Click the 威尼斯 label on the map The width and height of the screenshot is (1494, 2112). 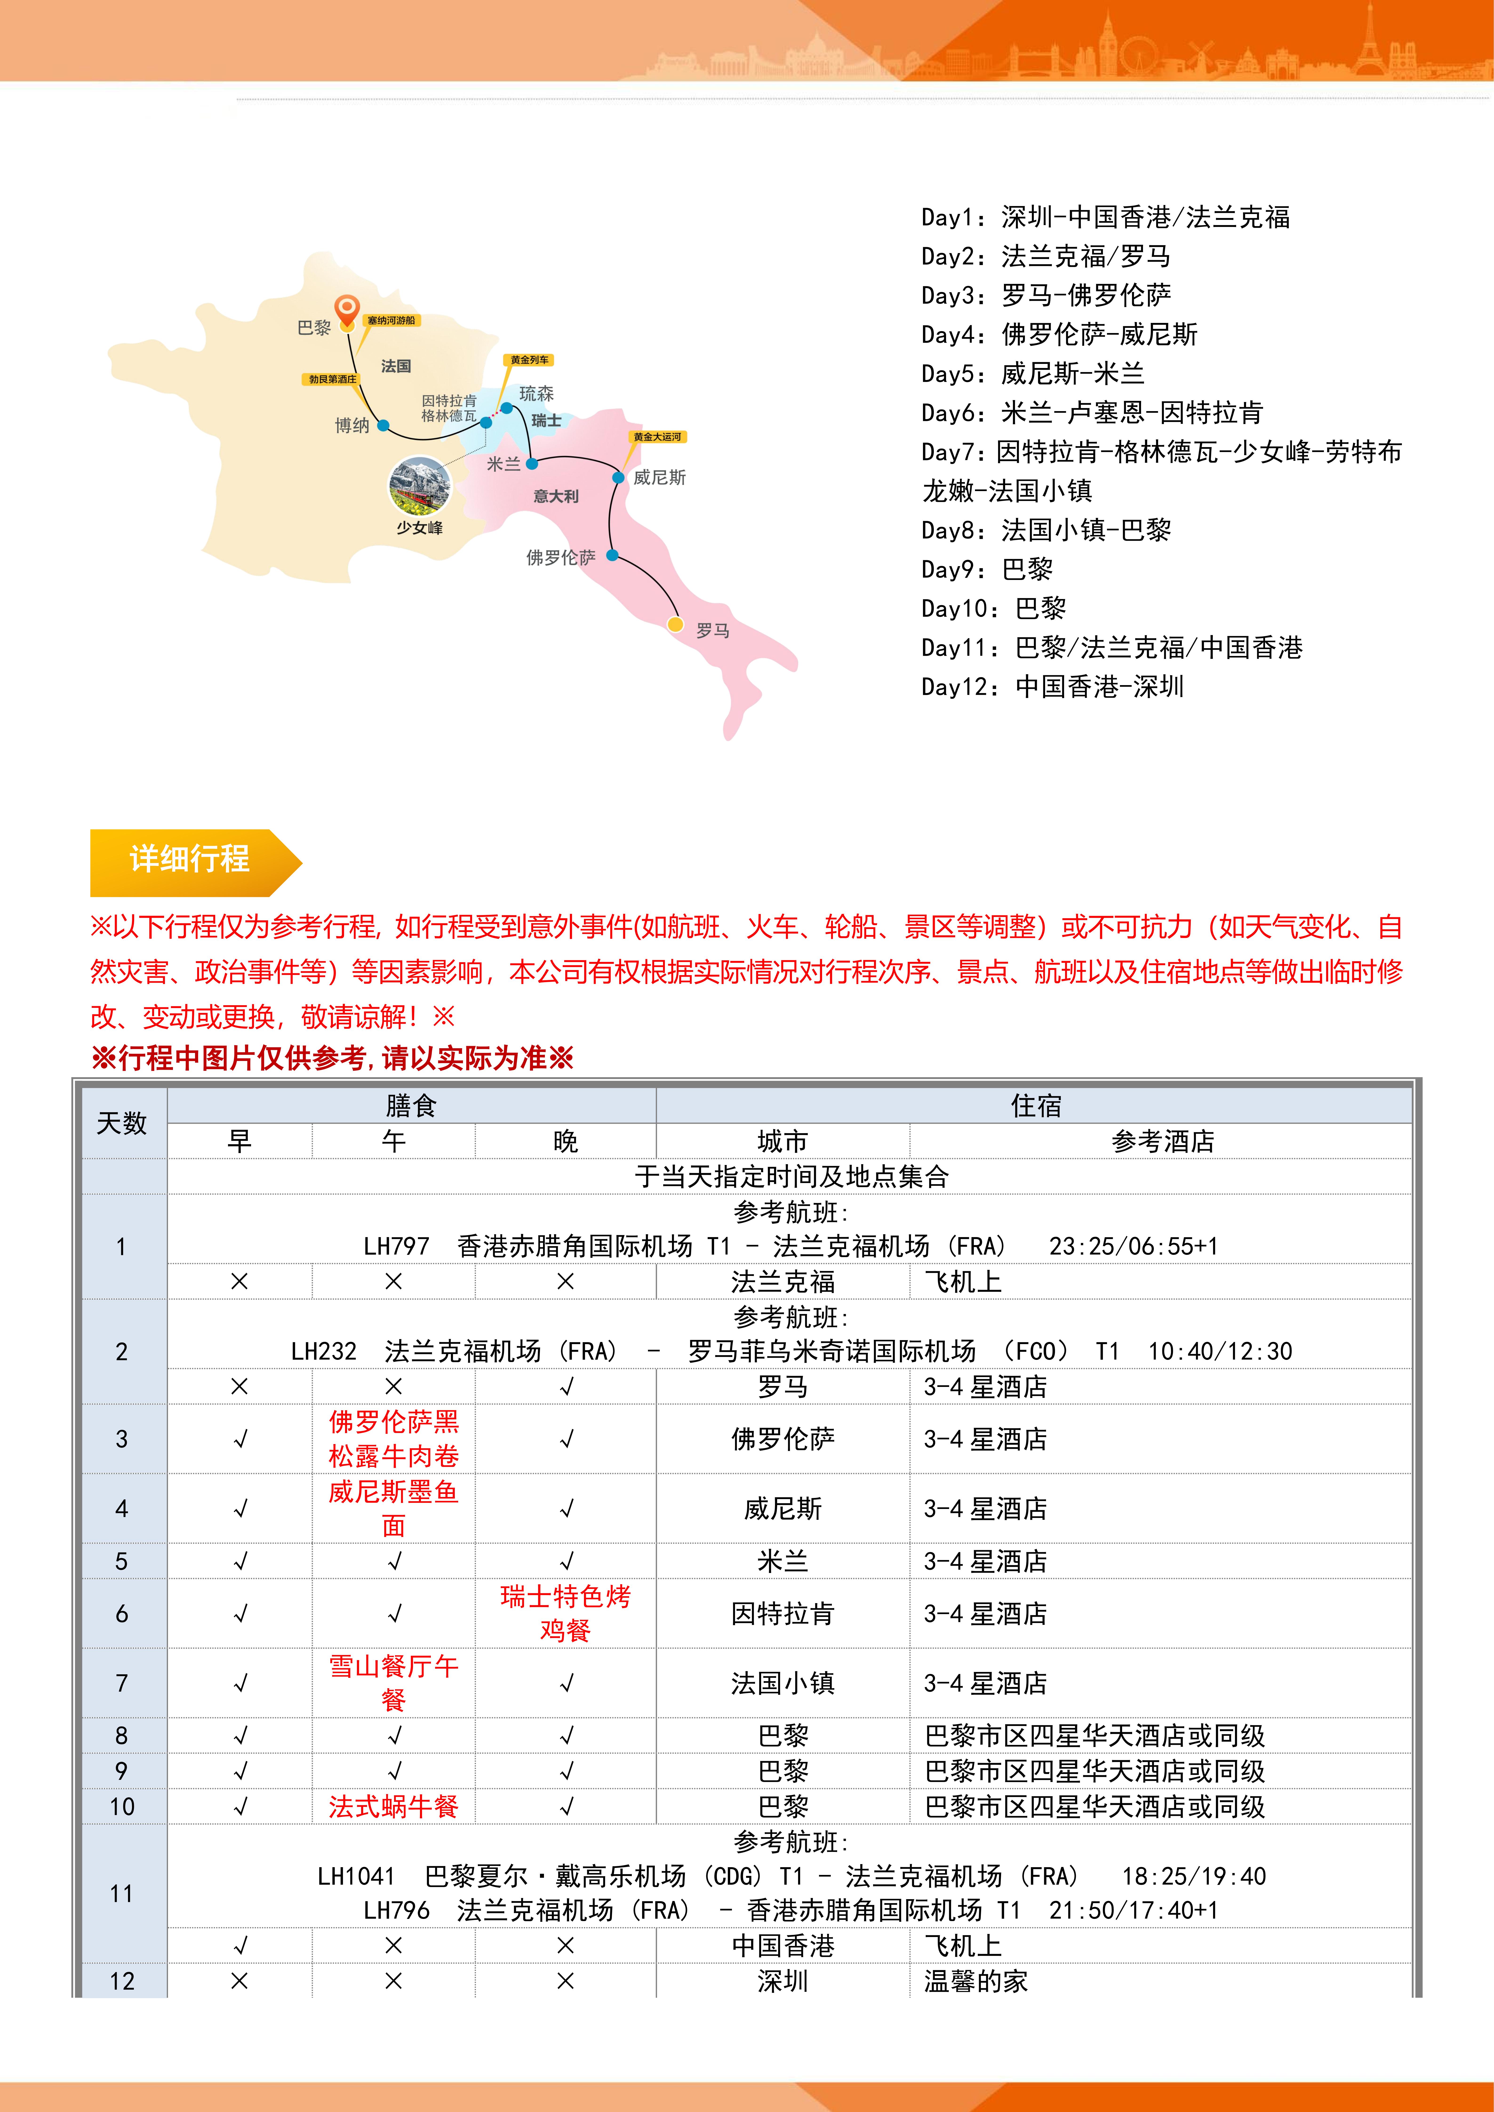660,477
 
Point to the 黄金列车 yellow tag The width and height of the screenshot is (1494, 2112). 529,360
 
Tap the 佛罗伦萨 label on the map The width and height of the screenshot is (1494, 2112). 560,557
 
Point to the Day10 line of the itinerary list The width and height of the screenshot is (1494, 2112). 994,608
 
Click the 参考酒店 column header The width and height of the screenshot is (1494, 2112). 1162,1142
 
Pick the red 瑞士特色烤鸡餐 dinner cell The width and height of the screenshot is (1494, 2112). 565,1613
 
